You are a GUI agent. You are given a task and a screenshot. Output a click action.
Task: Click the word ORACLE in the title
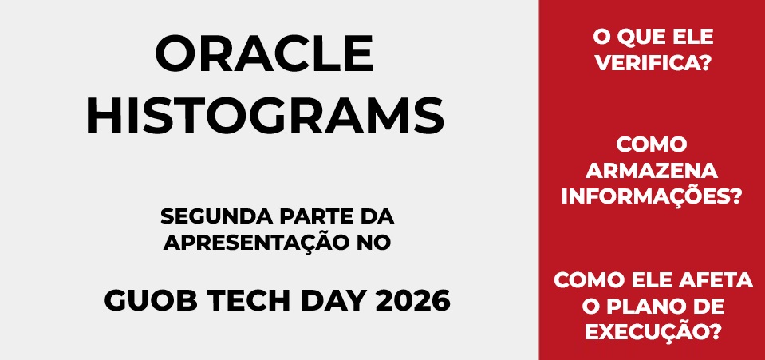(x=265, y=53)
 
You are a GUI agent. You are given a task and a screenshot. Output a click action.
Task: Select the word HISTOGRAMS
(x=265, y=117)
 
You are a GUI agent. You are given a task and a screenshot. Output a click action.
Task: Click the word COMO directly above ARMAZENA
(x=652, y=144)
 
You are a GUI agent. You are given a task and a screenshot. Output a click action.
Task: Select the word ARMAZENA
(x=652, y=171)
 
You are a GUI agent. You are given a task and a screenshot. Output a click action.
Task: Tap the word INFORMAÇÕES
(x=646, y=196)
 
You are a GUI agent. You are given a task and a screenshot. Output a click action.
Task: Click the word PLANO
(x=639, y=307)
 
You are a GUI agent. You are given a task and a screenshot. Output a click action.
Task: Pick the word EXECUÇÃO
(x=648, y=331)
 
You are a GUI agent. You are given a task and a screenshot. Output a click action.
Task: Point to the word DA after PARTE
(x=377, y=216)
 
